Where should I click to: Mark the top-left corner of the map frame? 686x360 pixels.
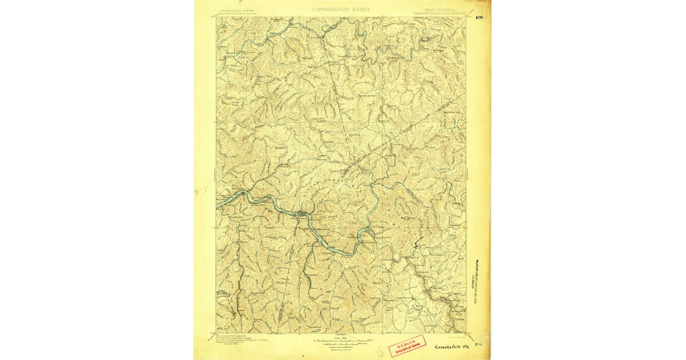[x=217, y=17]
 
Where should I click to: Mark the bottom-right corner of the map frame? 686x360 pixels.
[x=466, y=333]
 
